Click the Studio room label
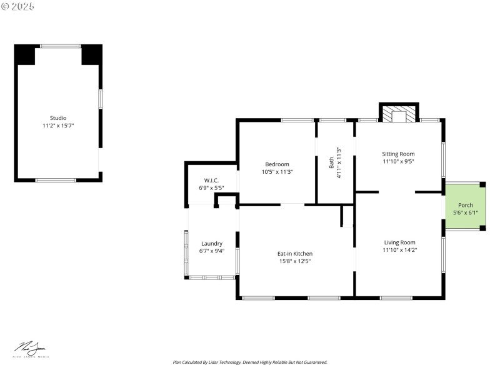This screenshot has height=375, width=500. [58, 117]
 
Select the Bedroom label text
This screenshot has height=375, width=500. [277, 164]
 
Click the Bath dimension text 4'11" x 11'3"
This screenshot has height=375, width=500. [338, 162]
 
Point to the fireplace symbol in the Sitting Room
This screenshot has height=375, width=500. [399, 115]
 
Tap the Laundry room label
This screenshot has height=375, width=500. [212, 244]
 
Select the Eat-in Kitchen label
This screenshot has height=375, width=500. [295, 253]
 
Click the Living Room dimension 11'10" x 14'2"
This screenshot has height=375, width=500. [399, 249]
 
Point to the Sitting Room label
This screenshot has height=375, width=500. [399, 154]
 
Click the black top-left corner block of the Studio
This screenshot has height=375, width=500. [26, 55]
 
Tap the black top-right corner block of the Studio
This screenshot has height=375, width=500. [91, 55]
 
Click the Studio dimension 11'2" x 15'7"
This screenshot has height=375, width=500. [58, 125]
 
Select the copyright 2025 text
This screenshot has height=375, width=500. [18, 6]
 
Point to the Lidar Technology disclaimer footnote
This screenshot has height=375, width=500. [250, 362]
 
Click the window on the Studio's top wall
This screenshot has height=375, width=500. [61, 46]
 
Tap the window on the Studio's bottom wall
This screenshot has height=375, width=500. [56, 180]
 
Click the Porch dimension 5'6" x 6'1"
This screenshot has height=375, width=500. [466, 212]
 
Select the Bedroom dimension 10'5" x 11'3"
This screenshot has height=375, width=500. [277, 171]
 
